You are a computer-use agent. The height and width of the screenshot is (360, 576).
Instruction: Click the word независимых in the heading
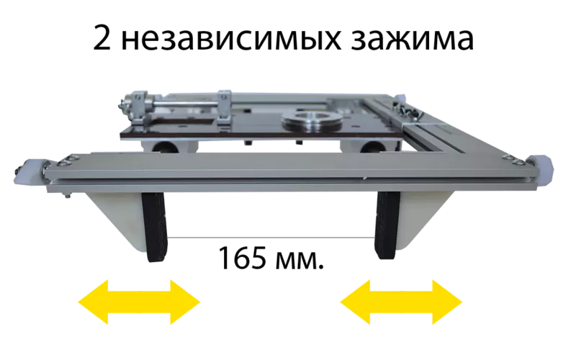coord(231,39)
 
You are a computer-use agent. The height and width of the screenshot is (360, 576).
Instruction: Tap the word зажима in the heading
coord(412,39)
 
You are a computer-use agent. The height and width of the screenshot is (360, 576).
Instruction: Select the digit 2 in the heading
coord(102,37)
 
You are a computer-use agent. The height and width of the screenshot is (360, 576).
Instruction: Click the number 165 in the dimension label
coord(242,258)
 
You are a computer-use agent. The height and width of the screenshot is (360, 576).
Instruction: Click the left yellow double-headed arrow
coord(139,302)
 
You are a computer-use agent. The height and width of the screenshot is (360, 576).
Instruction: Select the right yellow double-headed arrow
coord(401,302)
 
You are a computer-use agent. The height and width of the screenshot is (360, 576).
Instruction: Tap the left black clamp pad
coord(155,227)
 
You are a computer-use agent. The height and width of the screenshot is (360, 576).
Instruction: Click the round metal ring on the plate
coord(312,122)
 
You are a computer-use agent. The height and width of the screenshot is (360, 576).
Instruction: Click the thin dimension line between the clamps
coord(271,238)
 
